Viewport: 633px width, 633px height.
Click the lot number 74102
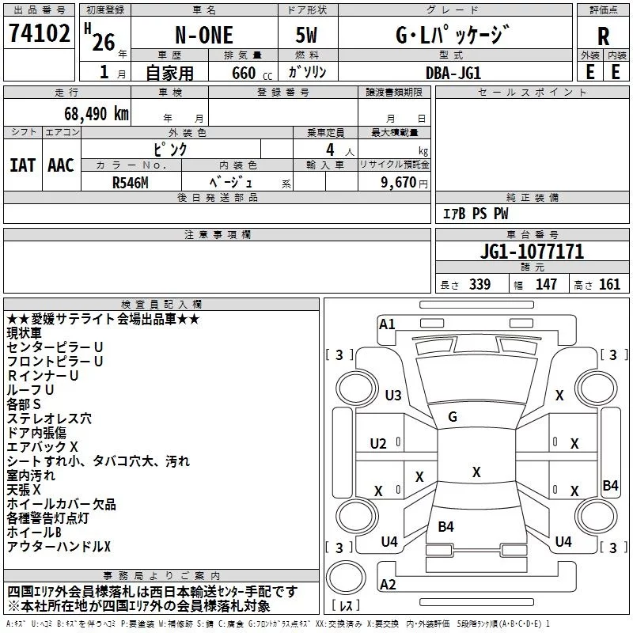tap(39, 33)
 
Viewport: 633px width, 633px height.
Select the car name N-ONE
tap(204, 35)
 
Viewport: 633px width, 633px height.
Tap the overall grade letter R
tap(603, 36)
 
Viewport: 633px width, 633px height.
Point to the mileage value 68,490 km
tap(97, 113)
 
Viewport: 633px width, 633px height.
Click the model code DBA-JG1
tap(453, 73)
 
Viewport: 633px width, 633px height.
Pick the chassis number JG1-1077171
tap(532, 251)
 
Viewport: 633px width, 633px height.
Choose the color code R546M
tap(131, 183)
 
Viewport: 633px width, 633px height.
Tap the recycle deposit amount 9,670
tap(399, 182)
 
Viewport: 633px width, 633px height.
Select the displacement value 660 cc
tap(252, 73)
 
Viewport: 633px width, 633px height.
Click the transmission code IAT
tap(23, 165)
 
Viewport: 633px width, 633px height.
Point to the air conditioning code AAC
tap(61, 165)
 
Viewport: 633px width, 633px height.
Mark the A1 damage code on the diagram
tap(387, 324)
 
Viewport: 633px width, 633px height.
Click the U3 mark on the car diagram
tap(393, 395)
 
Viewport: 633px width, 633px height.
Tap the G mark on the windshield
tap(453, 416)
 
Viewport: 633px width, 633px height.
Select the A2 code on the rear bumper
tap(388, 584)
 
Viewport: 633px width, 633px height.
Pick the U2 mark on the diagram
tap(378, 444)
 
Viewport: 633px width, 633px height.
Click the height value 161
tap(609, 284)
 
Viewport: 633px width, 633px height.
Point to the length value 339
tap(479, 284)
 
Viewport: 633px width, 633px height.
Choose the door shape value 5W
tap(306, 35)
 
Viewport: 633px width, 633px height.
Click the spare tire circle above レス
tap(346, 578)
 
